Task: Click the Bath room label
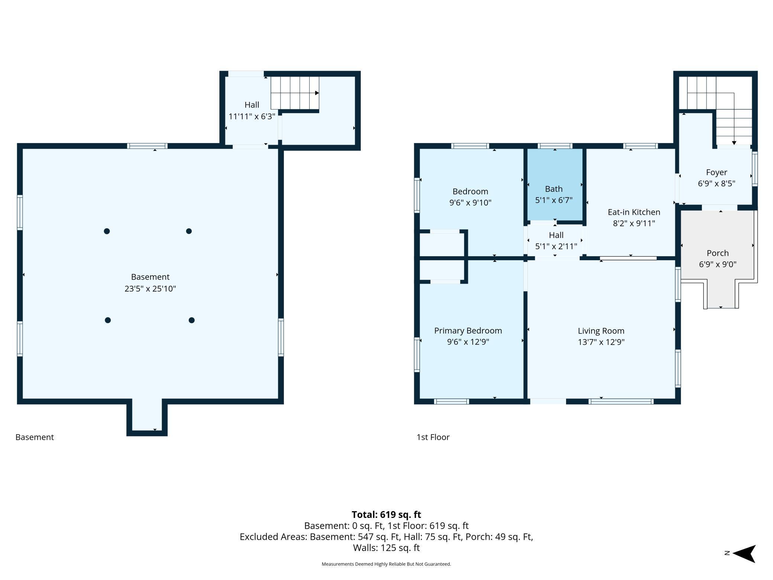pyautogui.click(x=554, y=189)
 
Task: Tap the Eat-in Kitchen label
pyautogui.click(x=634, y=212)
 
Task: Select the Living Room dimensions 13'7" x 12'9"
pyautogui.click(x=601, y=342)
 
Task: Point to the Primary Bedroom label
pyautogui.click(x=468, y=331)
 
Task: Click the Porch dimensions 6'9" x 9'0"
pyautogui.click(x=718, y=264)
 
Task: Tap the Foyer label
pyautogui.click(x=717, y=173)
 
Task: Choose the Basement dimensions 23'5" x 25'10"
pyautogui.click(x=150, y=289)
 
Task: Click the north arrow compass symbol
pyautogui.click(x=744, y=554)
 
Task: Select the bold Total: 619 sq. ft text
pyautogui.click(x=386, y=515)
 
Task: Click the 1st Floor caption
pyautogui.click(x=433, y=437)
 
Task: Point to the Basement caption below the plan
pyautogui.click(x=35, y=437)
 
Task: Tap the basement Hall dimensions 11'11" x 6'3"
pyautogui.click(x=252, y=116)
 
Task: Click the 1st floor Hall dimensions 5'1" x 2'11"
pyautogui.click(x=556, y=246)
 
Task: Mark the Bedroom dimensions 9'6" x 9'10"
pyautogui.click(x=470, y=203)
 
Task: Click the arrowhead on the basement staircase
pyautogui.click(x=317, y=93)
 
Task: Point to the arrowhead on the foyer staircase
pyautogui.click(x=734, y=143)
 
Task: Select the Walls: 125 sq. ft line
pyautogui.click(x=386, y=548)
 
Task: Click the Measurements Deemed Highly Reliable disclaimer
pyautogui.click(x=386, y=564)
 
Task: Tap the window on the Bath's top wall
pyautogui.click(x=554, y=146)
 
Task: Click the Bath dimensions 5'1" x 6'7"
pyautogui.click(x=554, y=200)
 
